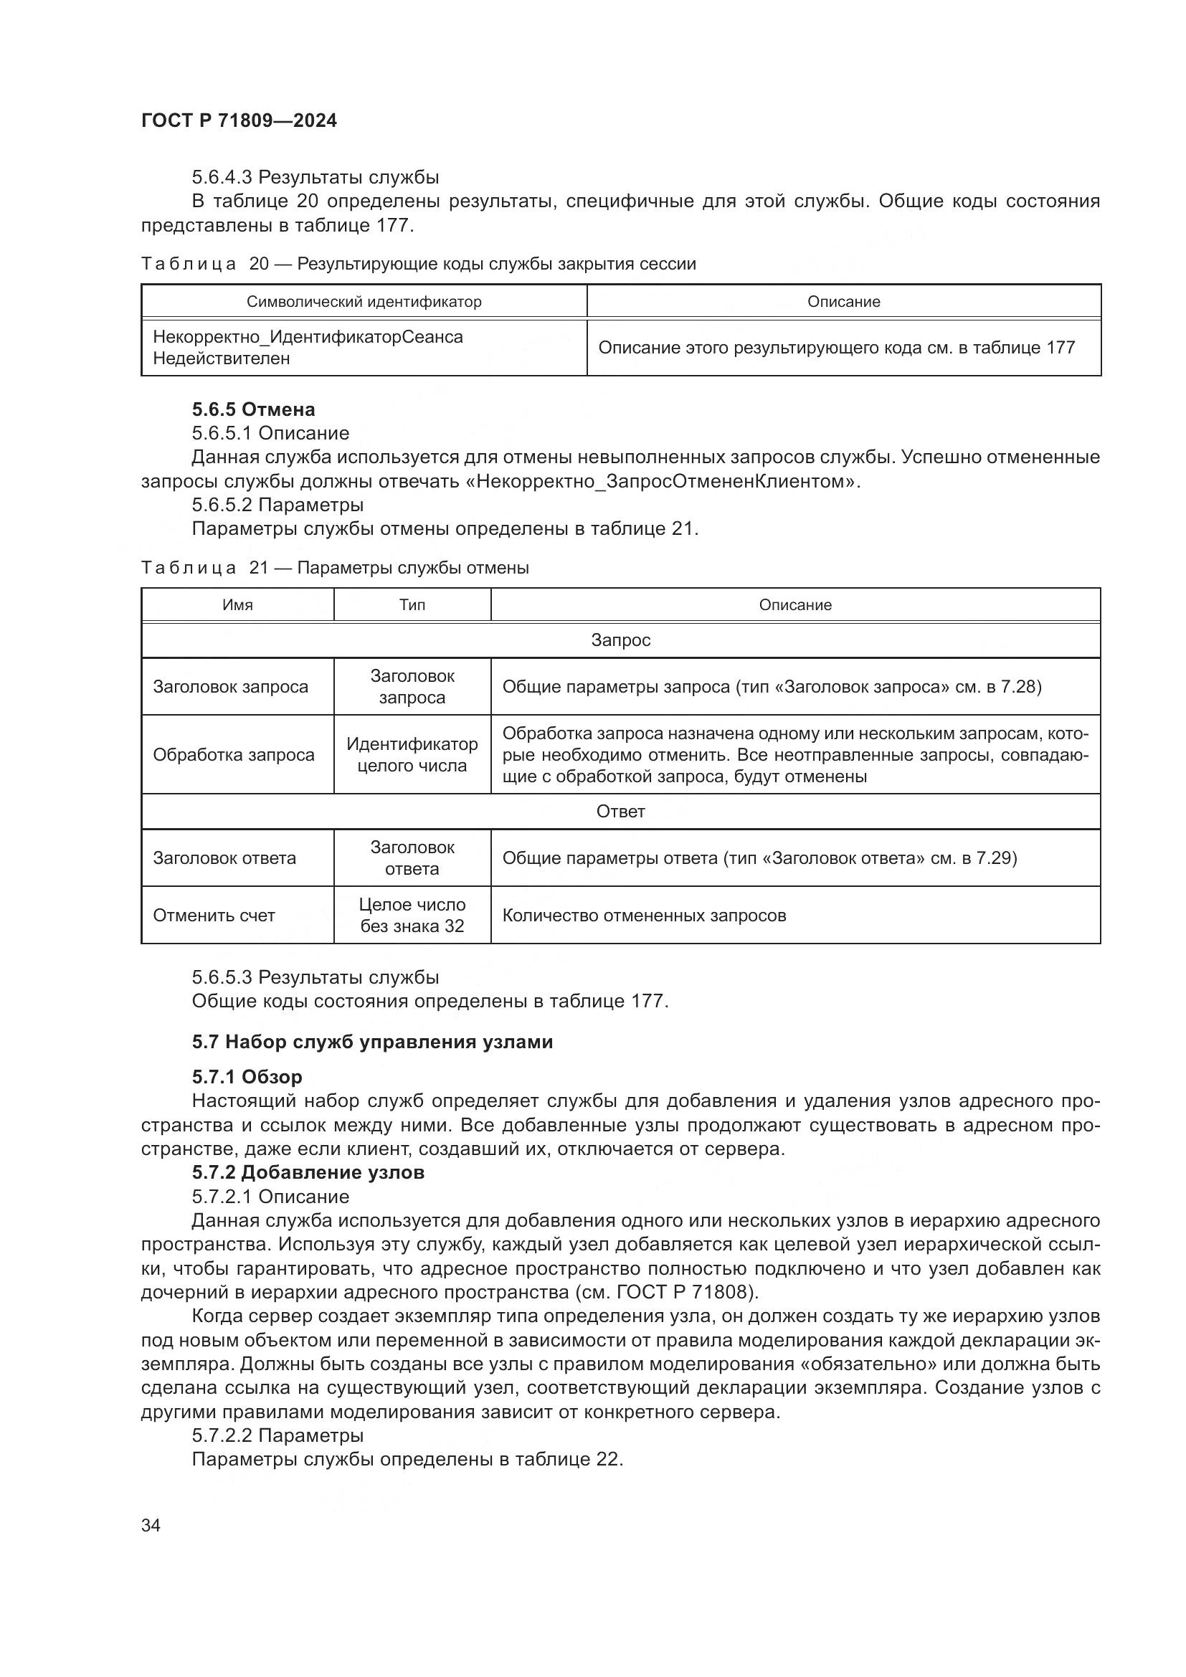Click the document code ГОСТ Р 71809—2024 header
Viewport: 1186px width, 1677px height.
(x=239, y=121)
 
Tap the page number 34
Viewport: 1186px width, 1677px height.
(x=151, y=1525)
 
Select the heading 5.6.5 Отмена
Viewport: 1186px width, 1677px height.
(x=253, y=409)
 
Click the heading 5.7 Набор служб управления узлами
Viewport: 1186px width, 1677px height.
(x=372, y=1042)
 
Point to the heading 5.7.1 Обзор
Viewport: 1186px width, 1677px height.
(x=247, y=1077)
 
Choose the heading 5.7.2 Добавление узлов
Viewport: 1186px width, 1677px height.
(x=308, y=1172)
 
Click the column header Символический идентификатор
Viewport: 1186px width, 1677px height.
(x=364, y=302)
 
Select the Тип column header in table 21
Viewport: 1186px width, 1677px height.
(x=412, y=605)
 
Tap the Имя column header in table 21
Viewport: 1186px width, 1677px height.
(x=237, y=605)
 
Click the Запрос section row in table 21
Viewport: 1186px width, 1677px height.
(x=620, y=640)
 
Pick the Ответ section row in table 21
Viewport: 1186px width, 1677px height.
(x=620, y=812)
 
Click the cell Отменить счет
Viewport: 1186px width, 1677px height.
(x=214, y=915)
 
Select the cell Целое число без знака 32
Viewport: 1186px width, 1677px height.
(x=412, y=915)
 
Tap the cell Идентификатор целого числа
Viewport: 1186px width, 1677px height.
(x=412, y=754)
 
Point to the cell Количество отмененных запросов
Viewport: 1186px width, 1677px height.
(x=644, y=915)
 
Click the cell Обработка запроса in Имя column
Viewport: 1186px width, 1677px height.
(x=234, y=754)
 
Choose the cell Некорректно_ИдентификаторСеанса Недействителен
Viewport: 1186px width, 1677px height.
(x=308, y=348)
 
